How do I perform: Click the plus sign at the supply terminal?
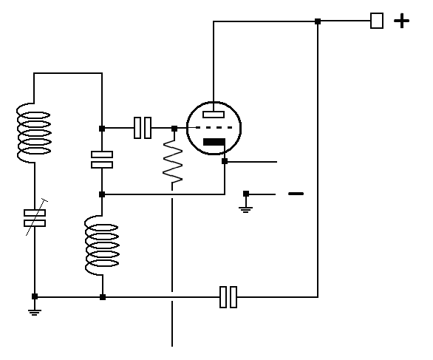coord(401,21)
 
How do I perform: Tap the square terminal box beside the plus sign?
coord(377,21)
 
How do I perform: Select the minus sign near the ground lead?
coord(296,194)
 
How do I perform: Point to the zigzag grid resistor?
coord(173,162)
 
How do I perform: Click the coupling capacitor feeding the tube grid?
coord(143,128)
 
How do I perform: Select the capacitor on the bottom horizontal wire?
coord(228,297)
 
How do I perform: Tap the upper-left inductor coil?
coord(34,133)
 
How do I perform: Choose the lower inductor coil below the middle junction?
coord(102,245)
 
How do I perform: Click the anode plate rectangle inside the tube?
coord(214,115)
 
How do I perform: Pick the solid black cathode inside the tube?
coord(214,142)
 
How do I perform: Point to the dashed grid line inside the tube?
coord(214,128)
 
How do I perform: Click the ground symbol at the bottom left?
coord(35,313)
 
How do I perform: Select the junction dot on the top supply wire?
coord(318,21)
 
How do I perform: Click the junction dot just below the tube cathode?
coord(225,161)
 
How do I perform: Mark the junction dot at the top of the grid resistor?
coord(174,129)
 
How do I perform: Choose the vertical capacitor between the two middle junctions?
coord(102,160)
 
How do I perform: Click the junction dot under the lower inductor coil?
coord(103,297)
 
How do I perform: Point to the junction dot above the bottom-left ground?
coord(35,296)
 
